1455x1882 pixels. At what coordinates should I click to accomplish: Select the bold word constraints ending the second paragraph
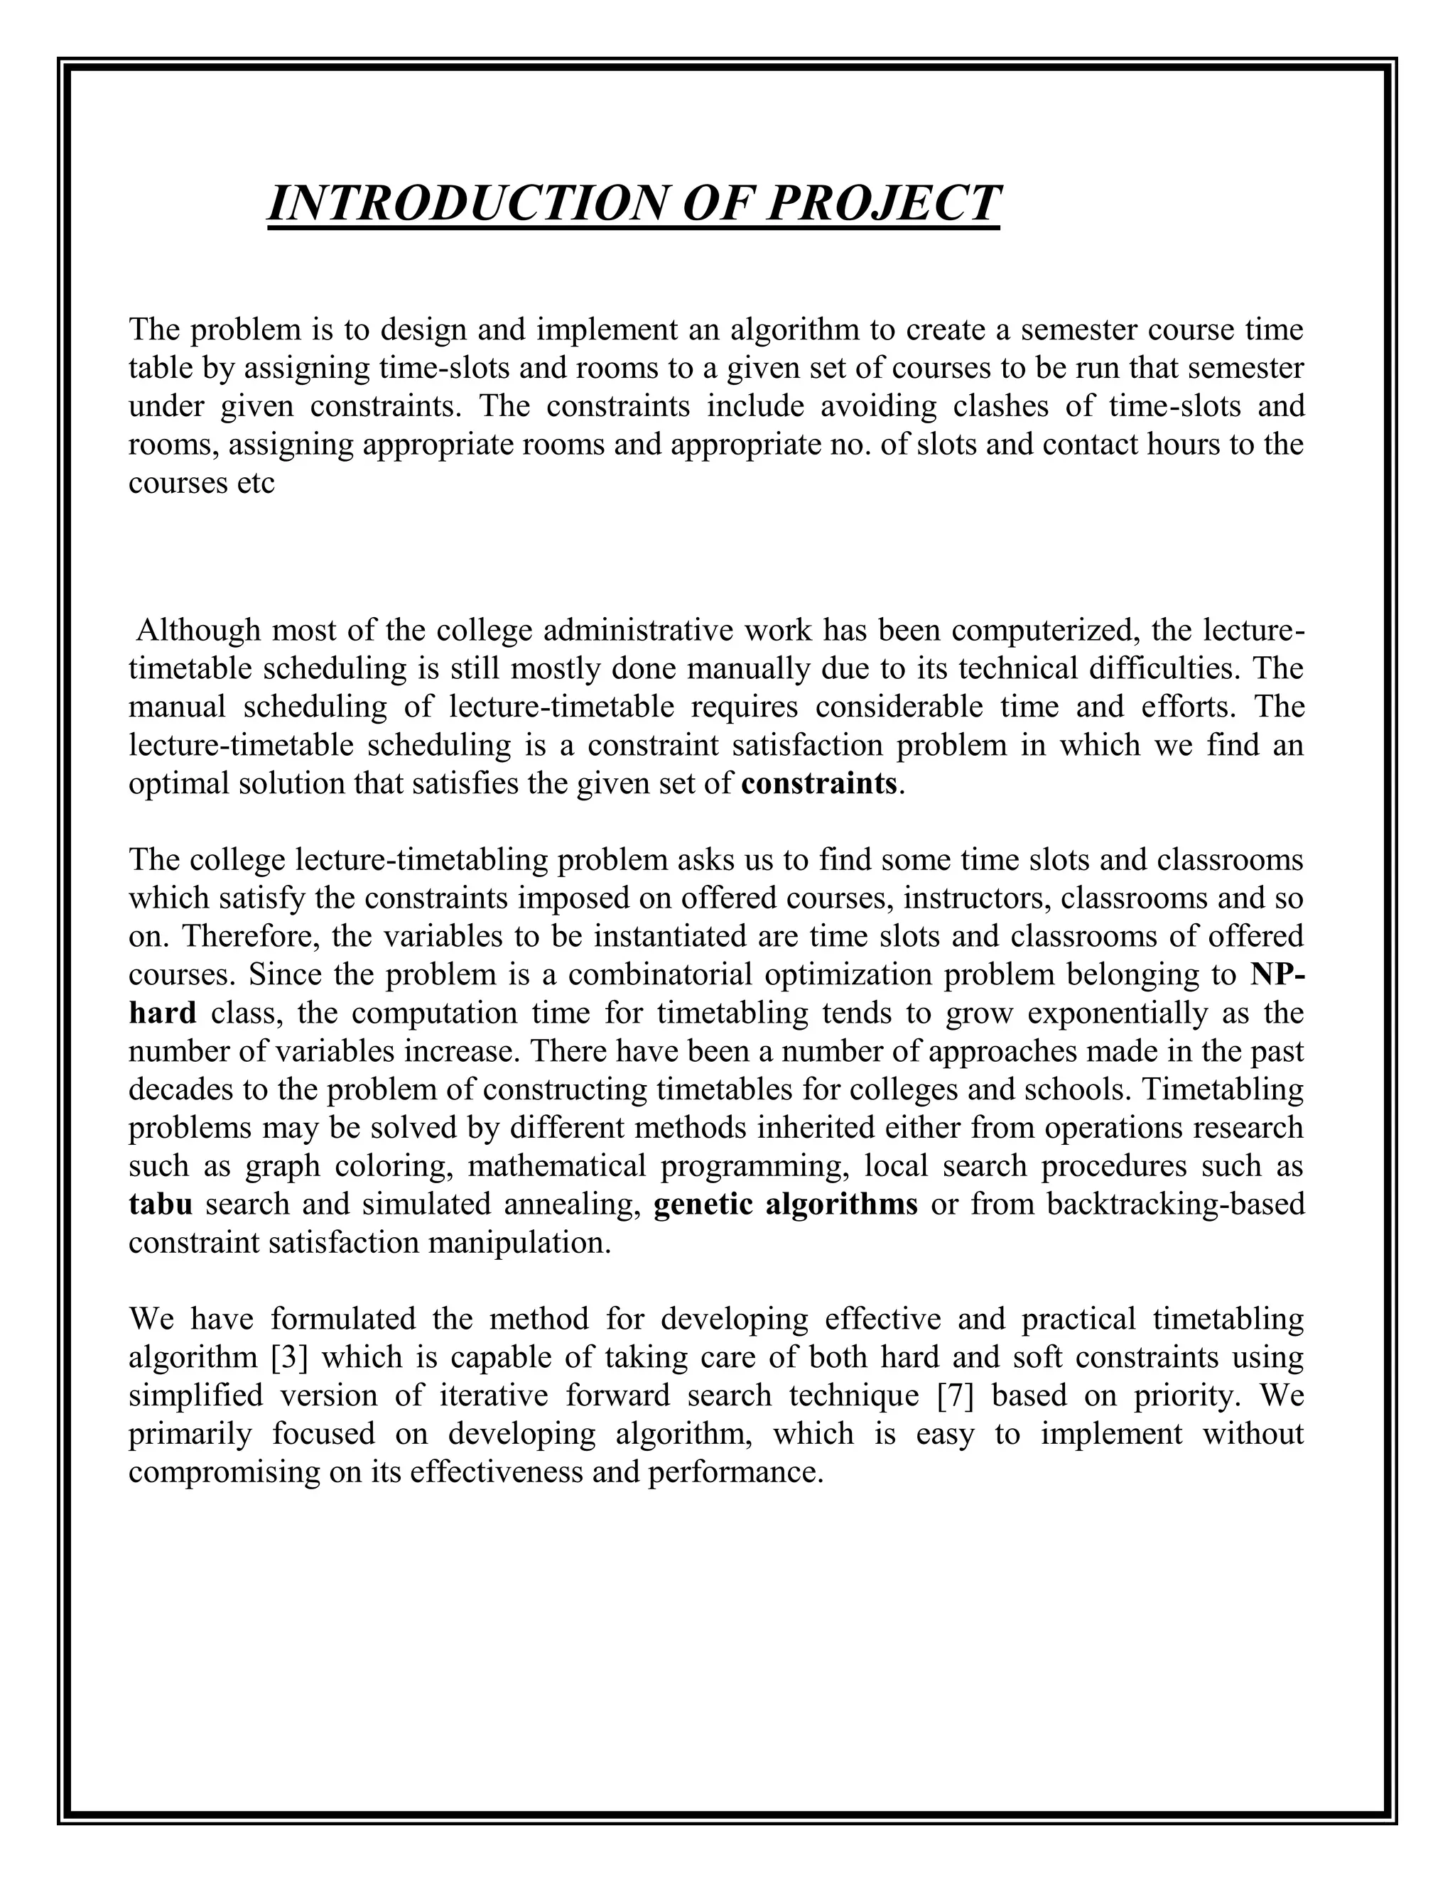tap(819, 784)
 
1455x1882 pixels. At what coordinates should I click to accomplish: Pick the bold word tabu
tap(161, 1203)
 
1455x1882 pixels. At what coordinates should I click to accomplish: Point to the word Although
tap(198, 631)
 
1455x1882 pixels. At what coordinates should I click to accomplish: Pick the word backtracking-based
tap(1175, 1203)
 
